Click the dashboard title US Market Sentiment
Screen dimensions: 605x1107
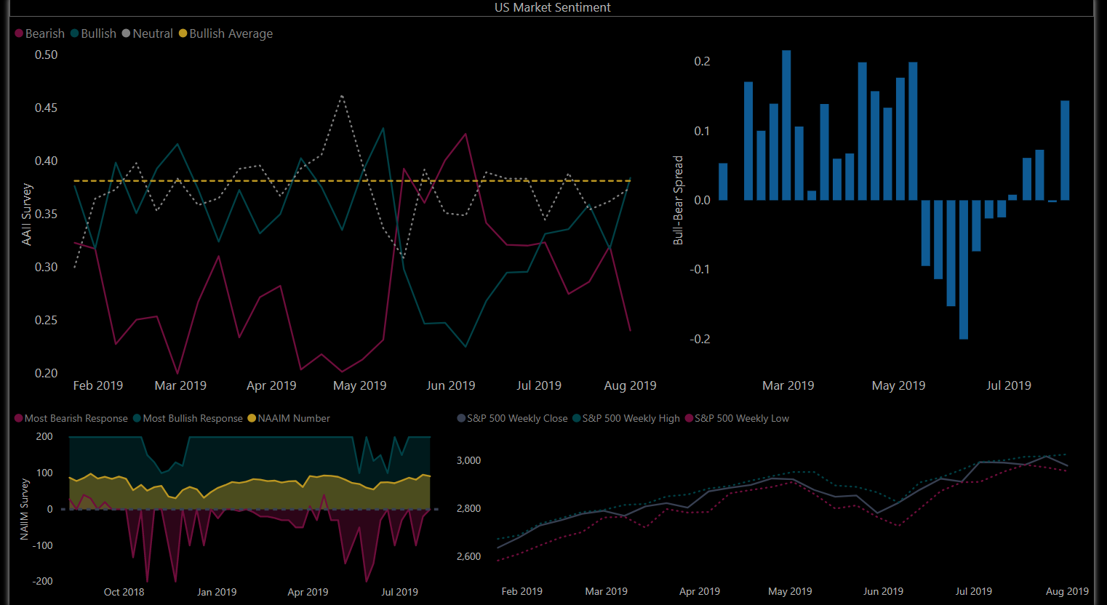553,7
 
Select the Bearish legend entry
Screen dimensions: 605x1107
44,33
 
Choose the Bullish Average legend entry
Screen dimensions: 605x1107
231,33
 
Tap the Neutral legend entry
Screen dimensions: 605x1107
152,33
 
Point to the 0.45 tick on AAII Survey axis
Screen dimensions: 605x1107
47,108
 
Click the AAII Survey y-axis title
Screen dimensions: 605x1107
27,214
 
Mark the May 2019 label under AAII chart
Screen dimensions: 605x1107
359,385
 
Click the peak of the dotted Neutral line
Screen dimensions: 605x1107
342,96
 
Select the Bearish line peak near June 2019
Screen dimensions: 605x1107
465,135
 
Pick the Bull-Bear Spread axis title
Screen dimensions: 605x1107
679,200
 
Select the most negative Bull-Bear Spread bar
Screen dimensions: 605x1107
964,269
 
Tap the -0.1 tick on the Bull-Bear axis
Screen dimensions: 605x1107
700,269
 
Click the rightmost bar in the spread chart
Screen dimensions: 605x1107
1065,150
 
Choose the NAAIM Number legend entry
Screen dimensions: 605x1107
293,418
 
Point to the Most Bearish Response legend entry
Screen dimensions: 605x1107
76,418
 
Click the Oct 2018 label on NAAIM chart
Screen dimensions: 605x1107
124,592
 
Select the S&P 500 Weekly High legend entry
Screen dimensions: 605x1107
631,418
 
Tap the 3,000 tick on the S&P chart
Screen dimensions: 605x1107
468,460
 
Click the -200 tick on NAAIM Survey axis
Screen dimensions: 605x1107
43,581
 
